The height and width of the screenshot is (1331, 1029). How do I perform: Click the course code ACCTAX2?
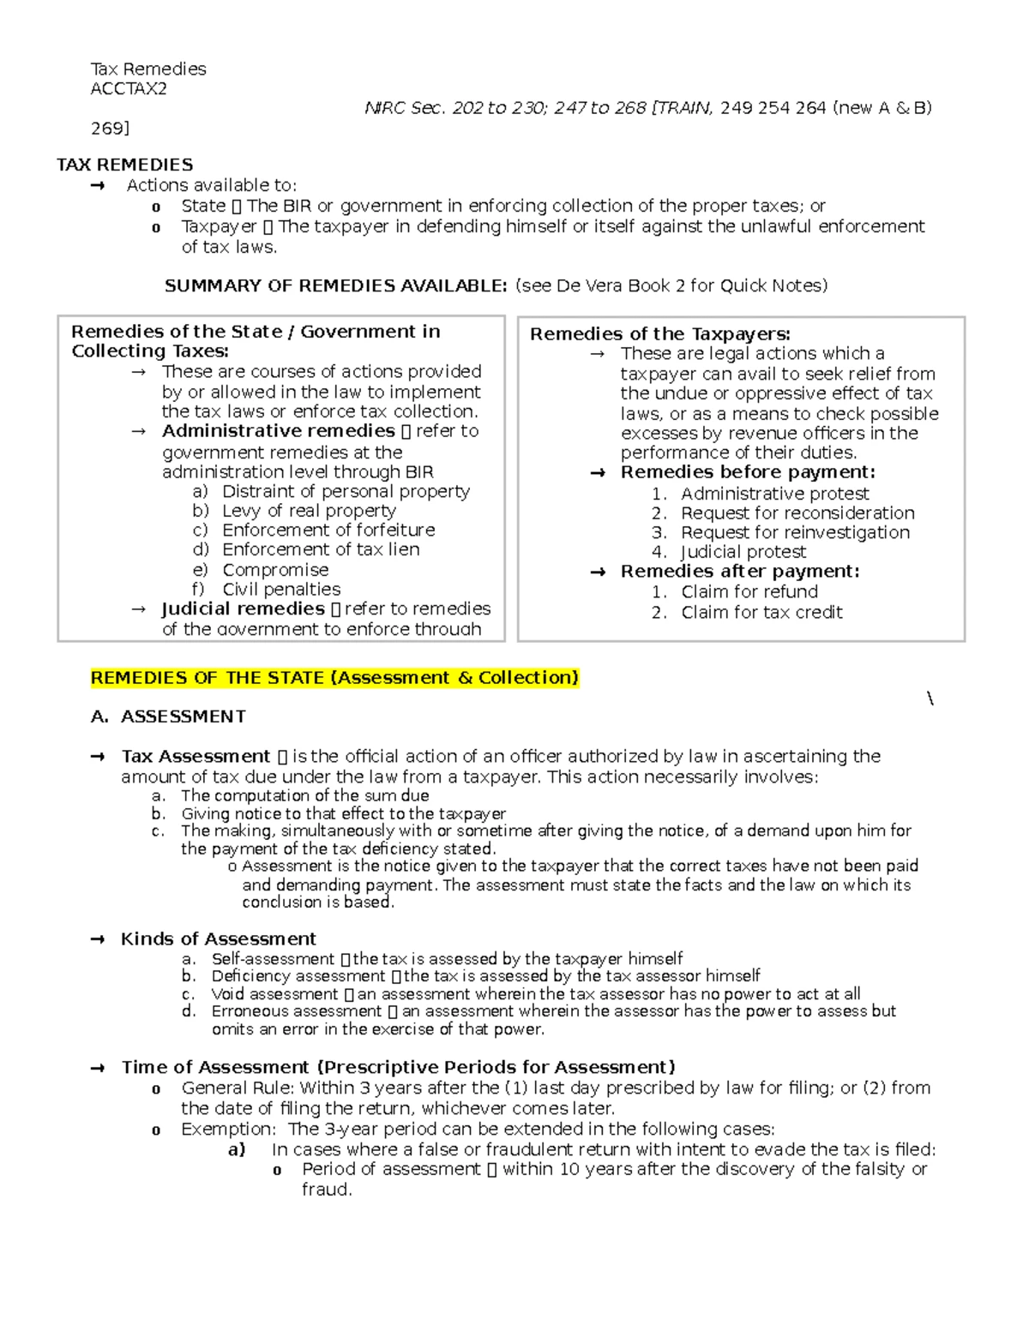(x=129, y=88)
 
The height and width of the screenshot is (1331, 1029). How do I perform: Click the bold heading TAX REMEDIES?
(x=124, y=165)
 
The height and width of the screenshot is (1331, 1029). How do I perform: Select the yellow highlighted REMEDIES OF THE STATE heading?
(x=334, y=678)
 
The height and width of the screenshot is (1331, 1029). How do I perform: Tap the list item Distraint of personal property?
(x=346, y=491)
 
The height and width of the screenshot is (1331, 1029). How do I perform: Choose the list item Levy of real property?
(x=309, y=511)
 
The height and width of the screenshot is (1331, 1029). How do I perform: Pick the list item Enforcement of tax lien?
(x=321, y=549)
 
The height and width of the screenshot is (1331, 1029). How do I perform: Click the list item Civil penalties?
(x=281, y=590)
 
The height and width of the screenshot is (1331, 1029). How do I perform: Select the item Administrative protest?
(x=774, y=494)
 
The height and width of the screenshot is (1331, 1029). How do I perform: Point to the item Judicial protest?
(x=743, y=552)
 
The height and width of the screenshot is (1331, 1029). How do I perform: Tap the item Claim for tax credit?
(x=761, y=612)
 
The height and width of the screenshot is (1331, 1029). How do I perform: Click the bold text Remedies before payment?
(x=748, y=472)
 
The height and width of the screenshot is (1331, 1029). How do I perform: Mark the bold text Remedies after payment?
(x=740, y=572)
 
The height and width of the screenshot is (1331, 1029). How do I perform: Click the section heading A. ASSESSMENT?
(x=168, y=716)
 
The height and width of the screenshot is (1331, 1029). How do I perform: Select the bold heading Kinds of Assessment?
(x=218, y=939)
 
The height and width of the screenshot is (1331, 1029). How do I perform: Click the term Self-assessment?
(x=273, y=959)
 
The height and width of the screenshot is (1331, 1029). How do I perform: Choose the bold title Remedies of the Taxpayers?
(x=659, y=334)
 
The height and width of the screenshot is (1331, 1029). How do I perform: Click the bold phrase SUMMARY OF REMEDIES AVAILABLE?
(x=336, y=286)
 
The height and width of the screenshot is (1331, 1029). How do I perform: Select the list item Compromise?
(x=275, y=570)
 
